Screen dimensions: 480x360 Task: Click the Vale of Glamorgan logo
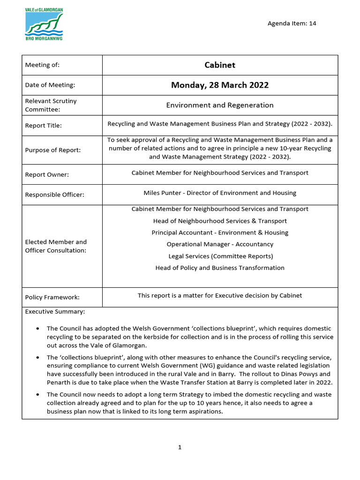pos(44,24)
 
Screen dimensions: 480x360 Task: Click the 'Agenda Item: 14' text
pos(292,23)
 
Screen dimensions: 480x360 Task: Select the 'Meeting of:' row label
pos(42,65)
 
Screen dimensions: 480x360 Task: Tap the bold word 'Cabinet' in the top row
pos(219,65)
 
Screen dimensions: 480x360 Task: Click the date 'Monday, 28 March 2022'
pos(219,85)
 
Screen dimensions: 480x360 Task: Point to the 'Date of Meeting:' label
pos(50,85)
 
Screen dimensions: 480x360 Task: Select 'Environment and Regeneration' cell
pos(219,105)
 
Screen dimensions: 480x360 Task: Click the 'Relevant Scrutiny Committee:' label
pos(51,105)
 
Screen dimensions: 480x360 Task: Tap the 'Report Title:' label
pos(43,126)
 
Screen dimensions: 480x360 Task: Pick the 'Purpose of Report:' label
pos(52,150)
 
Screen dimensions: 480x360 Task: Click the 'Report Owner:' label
pos(47,174)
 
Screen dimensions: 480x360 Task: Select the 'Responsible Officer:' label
pos(54,195)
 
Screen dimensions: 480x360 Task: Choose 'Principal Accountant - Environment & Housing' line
pos(219,233)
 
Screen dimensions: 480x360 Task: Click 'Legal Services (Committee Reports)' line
pos(219,256)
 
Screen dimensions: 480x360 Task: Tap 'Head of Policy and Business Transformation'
pos(219,268)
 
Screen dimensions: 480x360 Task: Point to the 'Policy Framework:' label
pos(52,297)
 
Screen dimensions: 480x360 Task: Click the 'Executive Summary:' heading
pos(55,312)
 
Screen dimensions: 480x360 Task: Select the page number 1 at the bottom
pos(180,448)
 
